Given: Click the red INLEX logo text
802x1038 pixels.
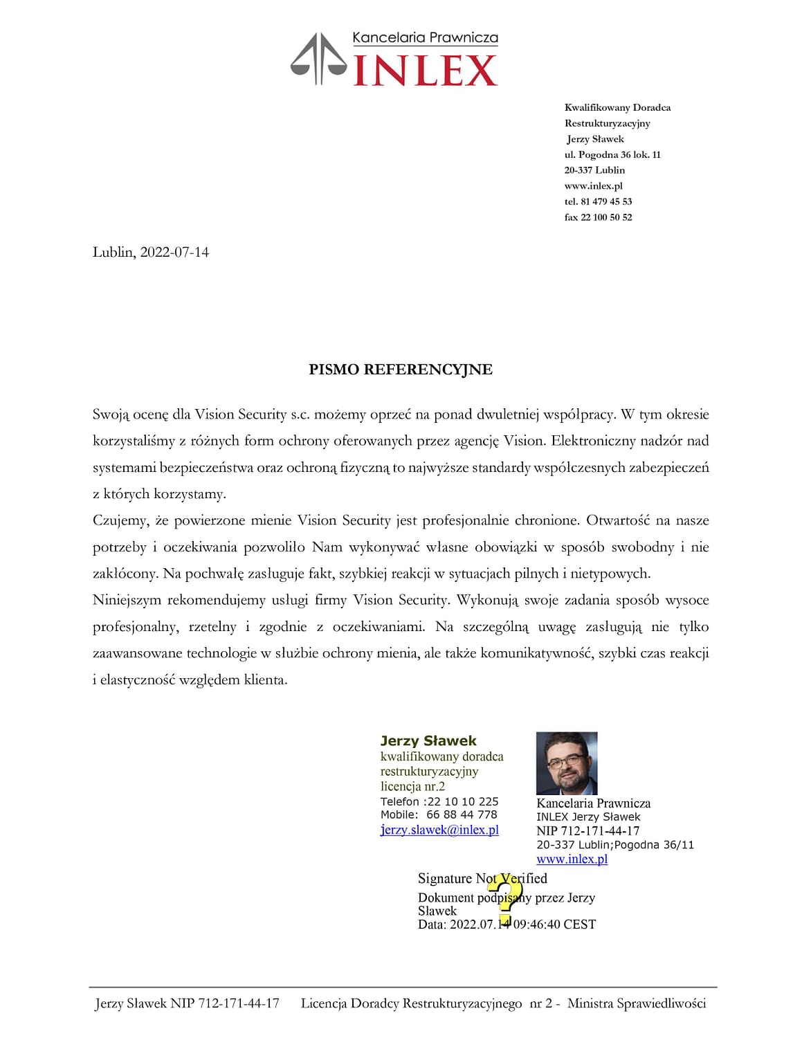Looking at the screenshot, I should click(425, 71).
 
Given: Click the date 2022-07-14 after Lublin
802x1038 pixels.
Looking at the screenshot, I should click(174, 252).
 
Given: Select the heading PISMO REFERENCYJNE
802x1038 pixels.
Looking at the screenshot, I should click(401, 370).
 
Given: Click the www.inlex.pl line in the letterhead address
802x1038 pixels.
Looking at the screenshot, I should click(593, 185).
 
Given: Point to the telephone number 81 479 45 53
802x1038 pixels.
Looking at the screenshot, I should click(606, 201).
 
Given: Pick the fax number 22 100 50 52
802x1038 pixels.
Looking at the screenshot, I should click(606, 217).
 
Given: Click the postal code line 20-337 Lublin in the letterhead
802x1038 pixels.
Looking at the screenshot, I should click(594, 170).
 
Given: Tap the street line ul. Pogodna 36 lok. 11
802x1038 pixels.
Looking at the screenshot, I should click(612, 154).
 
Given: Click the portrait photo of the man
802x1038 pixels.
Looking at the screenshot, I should click(567, 763).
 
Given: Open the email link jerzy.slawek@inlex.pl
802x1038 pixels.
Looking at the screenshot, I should click(439, 830).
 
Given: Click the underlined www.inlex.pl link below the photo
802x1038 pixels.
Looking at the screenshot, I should click(572, 859).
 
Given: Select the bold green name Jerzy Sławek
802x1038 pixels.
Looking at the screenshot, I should click(428, 740).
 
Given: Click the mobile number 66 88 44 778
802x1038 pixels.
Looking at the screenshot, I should click(462, 814).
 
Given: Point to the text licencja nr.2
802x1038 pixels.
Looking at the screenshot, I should click(412, 786).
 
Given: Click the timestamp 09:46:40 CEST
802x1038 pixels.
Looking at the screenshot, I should click(554, 925).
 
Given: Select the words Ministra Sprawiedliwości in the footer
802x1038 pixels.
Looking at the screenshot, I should click(636, 1003).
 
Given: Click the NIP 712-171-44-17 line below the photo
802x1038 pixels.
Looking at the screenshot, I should click(587, 830).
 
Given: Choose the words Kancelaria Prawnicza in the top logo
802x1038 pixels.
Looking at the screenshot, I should click(425, 38).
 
